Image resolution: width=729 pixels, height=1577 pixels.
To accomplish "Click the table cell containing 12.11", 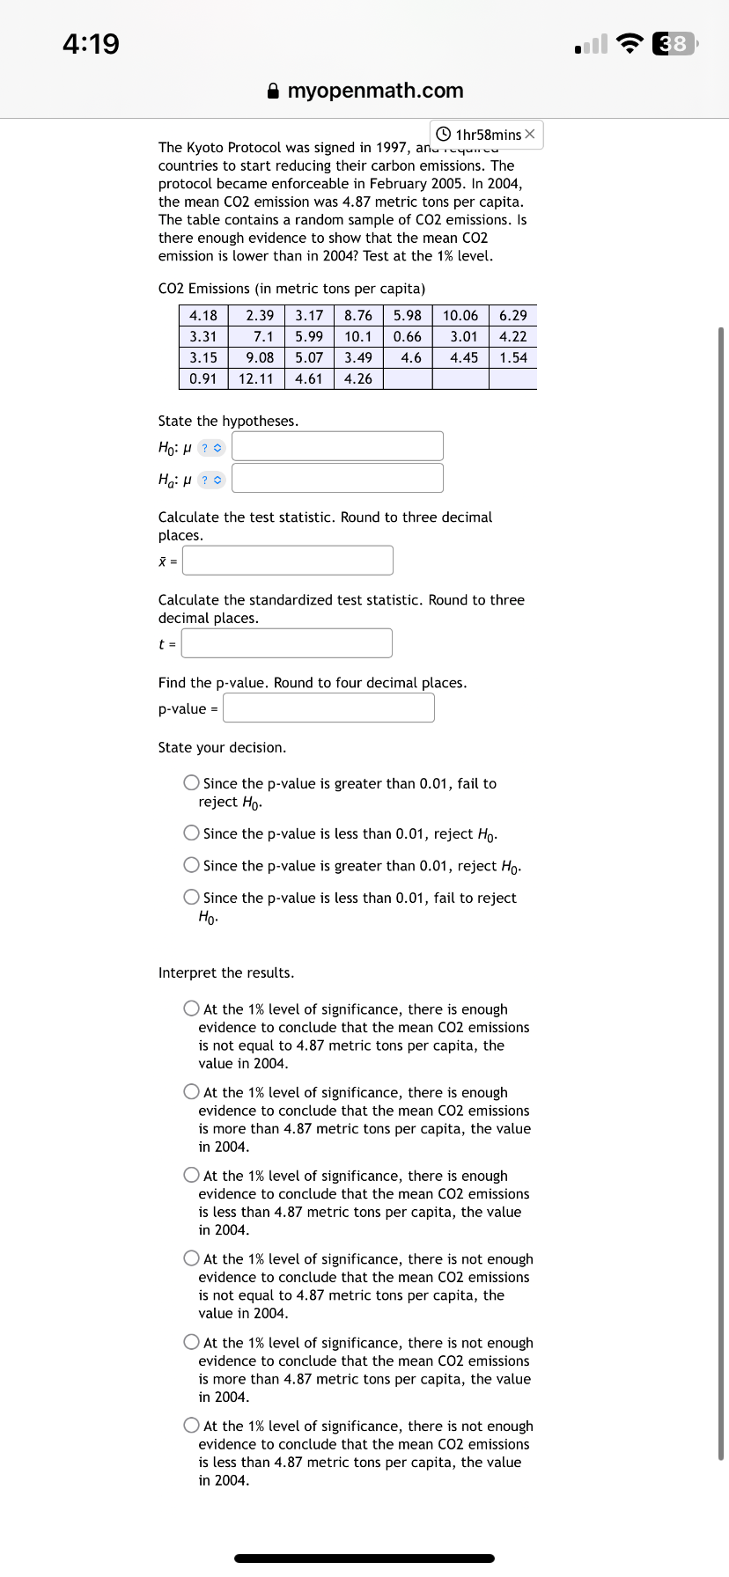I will point(256,379).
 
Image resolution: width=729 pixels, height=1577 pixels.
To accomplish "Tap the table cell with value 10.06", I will point(460,316).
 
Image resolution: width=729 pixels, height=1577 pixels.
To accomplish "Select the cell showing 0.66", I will point(408,337).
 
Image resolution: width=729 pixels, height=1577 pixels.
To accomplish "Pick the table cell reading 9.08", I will point(260,358).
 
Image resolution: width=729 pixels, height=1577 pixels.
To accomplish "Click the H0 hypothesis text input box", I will point(337,446).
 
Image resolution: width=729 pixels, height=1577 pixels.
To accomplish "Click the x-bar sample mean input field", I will point(288,561).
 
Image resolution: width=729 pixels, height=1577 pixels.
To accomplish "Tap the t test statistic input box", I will point(287,643).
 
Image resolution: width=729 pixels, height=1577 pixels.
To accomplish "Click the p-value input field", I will point(328,708).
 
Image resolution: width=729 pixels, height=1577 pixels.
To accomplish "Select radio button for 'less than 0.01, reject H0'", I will point(191,833).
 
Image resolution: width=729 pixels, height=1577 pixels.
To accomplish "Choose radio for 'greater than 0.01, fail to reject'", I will point(191,782).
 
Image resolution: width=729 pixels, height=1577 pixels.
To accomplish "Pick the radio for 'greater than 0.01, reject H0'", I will point(191,865).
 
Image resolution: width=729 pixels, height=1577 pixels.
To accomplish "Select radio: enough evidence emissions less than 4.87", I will point(191,1175).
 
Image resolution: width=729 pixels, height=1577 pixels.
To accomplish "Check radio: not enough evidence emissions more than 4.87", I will point(191,1342).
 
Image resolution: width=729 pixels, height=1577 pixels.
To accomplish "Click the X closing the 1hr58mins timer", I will point(529,135).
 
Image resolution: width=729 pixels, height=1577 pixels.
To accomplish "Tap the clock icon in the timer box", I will point(444,135).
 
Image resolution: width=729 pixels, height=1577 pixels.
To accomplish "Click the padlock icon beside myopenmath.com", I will point(273,91).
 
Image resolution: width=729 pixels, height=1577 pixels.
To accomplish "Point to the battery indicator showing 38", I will point(674,43).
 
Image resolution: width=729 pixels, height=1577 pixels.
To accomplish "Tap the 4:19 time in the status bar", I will point(91,43).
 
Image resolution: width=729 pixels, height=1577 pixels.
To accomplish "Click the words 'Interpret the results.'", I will point(226,972).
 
